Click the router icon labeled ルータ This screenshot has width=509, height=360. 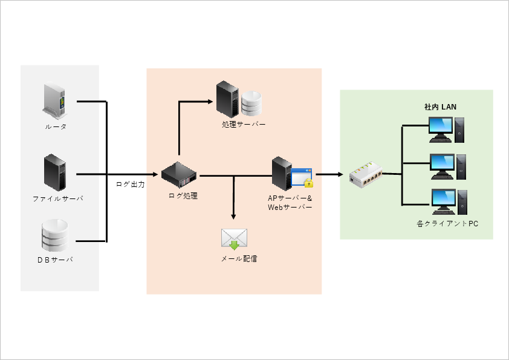click(x=55, y=100)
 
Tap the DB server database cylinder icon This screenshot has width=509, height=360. click(x=55, y=235)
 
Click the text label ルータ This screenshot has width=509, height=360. click(x=55, y=127)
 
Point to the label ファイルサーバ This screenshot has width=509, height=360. click(x=57, y=198)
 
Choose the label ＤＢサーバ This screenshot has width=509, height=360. click(x=55, y=259)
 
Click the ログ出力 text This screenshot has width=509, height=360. click(x=130, y=184)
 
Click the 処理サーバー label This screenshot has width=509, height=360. click(x=244, y=124)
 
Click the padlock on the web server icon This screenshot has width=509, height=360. click(x=309, y=183)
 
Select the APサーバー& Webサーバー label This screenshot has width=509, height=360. click(x=290, y=203)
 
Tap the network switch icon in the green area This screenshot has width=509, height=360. click(x=366, y=175)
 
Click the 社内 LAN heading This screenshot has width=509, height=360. click(x=440, y=106)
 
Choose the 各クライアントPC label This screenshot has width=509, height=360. click(x=447, y=224)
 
